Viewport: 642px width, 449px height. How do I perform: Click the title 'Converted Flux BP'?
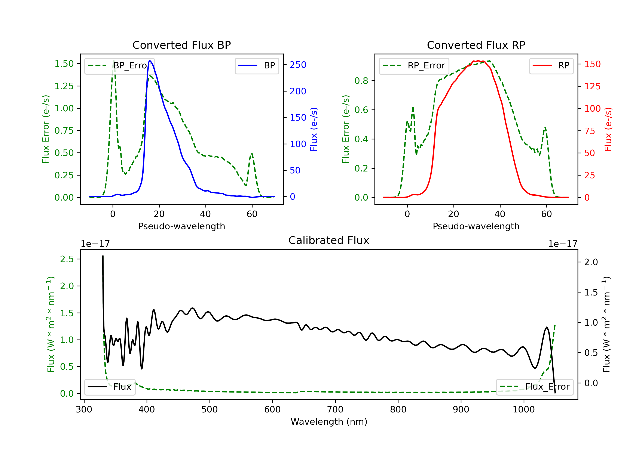[181, 45]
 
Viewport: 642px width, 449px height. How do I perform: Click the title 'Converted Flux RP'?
[476, 45]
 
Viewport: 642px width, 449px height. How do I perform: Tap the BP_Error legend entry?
[119, 66]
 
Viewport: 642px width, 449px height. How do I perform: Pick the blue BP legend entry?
[257, 66]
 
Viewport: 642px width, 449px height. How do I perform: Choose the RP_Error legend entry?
[414, 66]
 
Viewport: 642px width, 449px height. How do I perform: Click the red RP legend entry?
[551, 66]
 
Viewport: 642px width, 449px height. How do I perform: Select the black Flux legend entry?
[110, 387]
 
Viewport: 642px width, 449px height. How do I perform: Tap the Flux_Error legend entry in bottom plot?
[535, 387]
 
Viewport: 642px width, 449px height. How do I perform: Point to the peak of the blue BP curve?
[150, 61]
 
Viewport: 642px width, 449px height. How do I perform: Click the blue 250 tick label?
[298, 65]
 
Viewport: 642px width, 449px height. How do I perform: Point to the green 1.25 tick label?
[64, 86]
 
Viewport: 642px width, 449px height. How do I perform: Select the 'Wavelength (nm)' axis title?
[329, 422]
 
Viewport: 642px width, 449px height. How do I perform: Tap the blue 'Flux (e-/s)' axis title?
[314, 129]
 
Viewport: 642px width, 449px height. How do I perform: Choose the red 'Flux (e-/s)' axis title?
[608, 129]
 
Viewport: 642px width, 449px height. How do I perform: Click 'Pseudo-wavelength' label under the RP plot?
[476, 226]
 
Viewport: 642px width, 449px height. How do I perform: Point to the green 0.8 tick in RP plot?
[361, 81]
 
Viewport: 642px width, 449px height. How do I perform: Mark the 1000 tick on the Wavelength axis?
[523, 410]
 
